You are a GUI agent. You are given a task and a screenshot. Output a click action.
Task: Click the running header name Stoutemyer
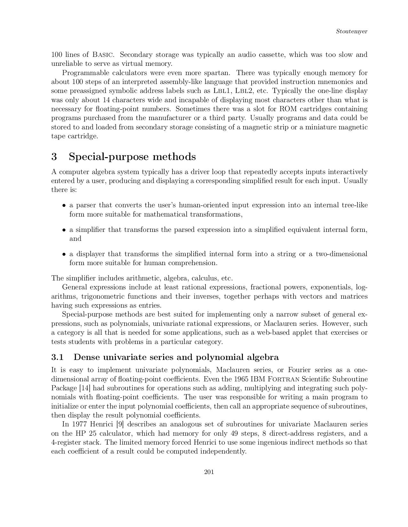[351, 31]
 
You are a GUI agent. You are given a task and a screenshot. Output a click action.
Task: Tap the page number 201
[209, 472]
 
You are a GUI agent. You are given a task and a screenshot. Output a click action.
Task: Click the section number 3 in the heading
[54, 157]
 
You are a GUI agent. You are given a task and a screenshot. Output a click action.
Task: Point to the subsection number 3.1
[58, 357]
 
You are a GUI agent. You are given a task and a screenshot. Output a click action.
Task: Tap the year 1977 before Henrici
[79, 424]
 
